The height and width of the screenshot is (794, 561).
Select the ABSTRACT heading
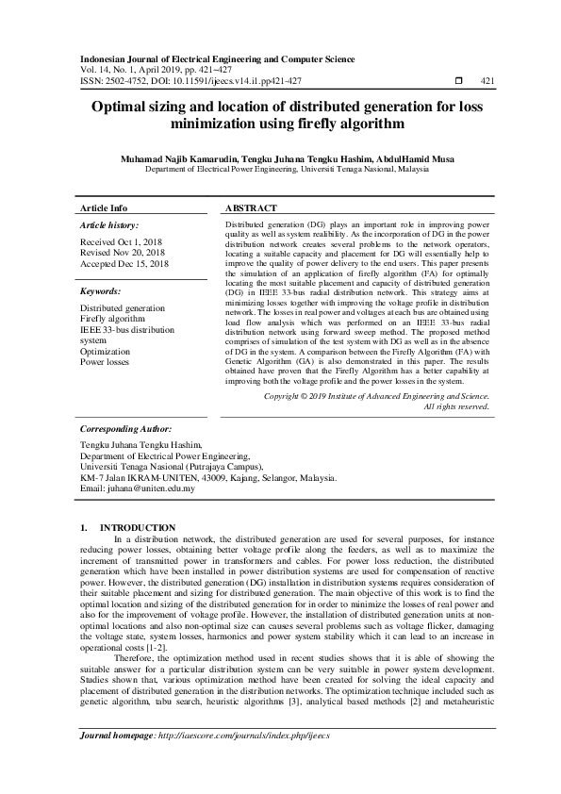tap(252, 207)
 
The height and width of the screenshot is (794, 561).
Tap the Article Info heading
tap(104, 207)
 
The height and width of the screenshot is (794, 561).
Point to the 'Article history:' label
tap(109, 225)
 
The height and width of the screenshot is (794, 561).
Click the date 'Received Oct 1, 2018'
tap(122, 242)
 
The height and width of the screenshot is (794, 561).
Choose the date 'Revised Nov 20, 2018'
tap(123, 253)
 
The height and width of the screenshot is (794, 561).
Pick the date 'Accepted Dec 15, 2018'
tap(124, 264)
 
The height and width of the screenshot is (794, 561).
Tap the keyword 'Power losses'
tap(106, 361)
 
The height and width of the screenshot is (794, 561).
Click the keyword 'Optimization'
tap(106, 351)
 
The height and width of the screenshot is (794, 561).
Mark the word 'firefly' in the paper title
tap(335, 124)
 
